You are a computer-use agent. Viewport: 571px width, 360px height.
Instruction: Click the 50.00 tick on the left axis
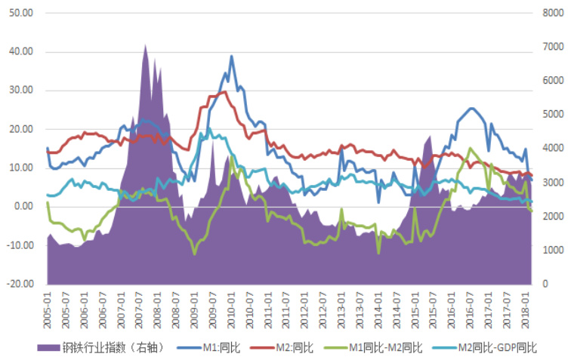(20, 13)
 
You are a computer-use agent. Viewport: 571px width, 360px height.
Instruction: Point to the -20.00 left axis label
(19, 285)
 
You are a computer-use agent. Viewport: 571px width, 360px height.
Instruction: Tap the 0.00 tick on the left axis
(23, 207)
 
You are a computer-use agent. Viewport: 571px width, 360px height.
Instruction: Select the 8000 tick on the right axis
(553, 13)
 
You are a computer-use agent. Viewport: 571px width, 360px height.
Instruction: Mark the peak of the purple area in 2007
(145, 45)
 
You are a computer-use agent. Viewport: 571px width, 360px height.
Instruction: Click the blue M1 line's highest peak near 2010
(232, 56)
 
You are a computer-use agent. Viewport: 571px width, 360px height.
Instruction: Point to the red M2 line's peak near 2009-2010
(224, 92)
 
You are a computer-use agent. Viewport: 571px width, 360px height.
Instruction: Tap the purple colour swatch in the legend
(49, 348)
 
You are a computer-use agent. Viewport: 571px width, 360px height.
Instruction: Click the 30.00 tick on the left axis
(20, 91)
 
